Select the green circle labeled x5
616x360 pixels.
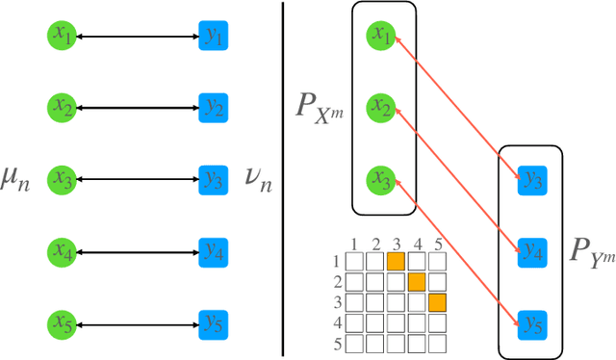click(64, 321)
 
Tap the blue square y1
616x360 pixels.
click(213, 37)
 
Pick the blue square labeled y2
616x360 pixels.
click(213, 106)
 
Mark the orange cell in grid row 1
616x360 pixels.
click(395, 261)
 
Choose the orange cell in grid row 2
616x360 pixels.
click(416, 282)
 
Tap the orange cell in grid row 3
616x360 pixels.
click(437, 303)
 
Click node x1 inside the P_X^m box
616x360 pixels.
click(383, 37)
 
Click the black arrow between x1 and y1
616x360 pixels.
click(138, 37)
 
